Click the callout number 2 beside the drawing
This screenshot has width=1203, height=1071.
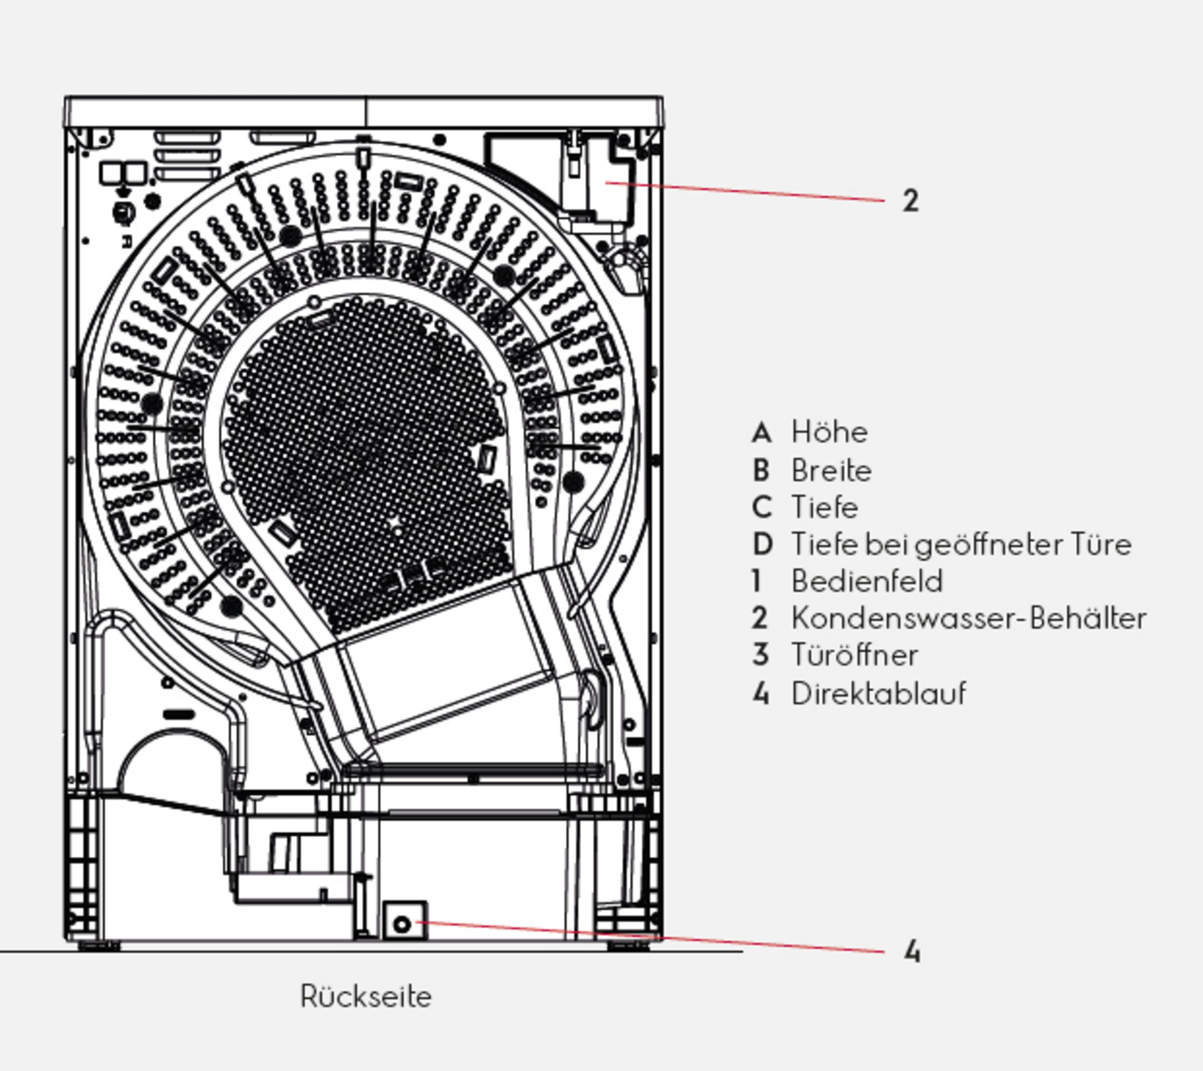[x=910, y=201]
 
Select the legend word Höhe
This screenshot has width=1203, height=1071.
[x=829, y=432]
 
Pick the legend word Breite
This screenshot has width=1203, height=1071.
[x=831, y=471]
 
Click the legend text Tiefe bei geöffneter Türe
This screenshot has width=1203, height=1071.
[x=962, y=545]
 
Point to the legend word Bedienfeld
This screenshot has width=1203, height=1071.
[x=867, y=581]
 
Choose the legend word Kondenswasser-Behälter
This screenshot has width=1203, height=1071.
[x=969, y=618]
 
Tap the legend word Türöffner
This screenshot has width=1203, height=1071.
[x=854, y=656]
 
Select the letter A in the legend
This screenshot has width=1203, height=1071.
[x=761, y=432]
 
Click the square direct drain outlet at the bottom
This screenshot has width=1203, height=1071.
[x=405, y=921]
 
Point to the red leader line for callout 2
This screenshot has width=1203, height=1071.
[x=745, y=192]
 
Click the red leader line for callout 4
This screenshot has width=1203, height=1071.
[x=651, y=936]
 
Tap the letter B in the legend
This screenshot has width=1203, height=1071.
[x=761, y=471]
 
